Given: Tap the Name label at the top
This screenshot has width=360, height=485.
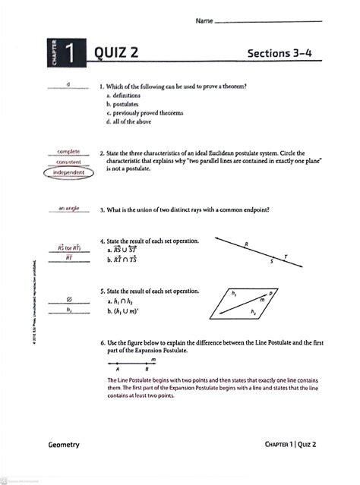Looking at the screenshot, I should (204, 21).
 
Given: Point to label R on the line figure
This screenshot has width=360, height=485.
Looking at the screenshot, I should (246, 244).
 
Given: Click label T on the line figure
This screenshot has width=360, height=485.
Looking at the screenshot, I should (286, 257).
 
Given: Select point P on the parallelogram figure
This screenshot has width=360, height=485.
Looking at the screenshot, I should (271, 292).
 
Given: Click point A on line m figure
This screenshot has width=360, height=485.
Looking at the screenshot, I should (117, 370).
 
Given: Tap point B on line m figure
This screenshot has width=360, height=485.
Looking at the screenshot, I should (146, 370).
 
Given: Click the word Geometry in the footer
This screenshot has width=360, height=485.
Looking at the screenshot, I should (63, 445).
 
